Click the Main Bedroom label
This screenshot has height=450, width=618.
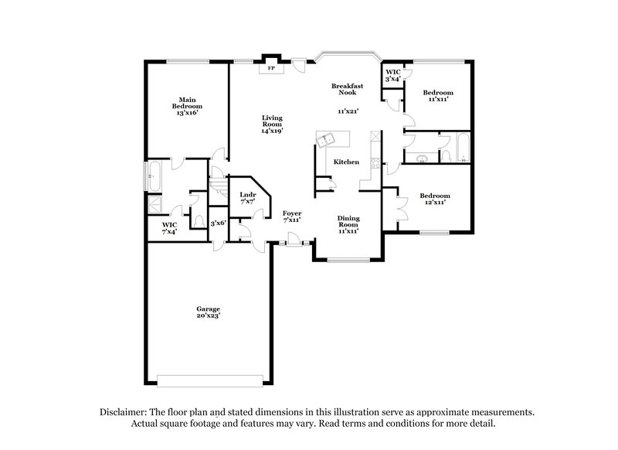click(x=187, y=106)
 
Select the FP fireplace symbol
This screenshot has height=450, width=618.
click(x=270, y=68)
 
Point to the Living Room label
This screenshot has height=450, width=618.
click(x=271, y=124)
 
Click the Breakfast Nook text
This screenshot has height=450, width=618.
click(x=345, y=89)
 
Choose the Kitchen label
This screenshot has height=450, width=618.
click(x=345, y=162)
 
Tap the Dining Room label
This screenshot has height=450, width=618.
click(x=348, y=224)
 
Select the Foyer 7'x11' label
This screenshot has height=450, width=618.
click(x=291, y=216)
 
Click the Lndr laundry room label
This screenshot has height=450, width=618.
click(x=247, y=197)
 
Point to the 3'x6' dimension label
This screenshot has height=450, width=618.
click(x=219, y=223)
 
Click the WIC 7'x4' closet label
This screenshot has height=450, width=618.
click(x=170, y=228)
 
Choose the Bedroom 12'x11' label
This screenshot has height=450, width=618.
click(x=434, y=199)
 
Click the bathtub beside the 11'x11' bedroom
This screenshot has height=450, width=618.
click(x=461, y=148)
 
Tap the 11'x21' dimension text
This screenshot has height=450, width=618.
click(x=349, y=111)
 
